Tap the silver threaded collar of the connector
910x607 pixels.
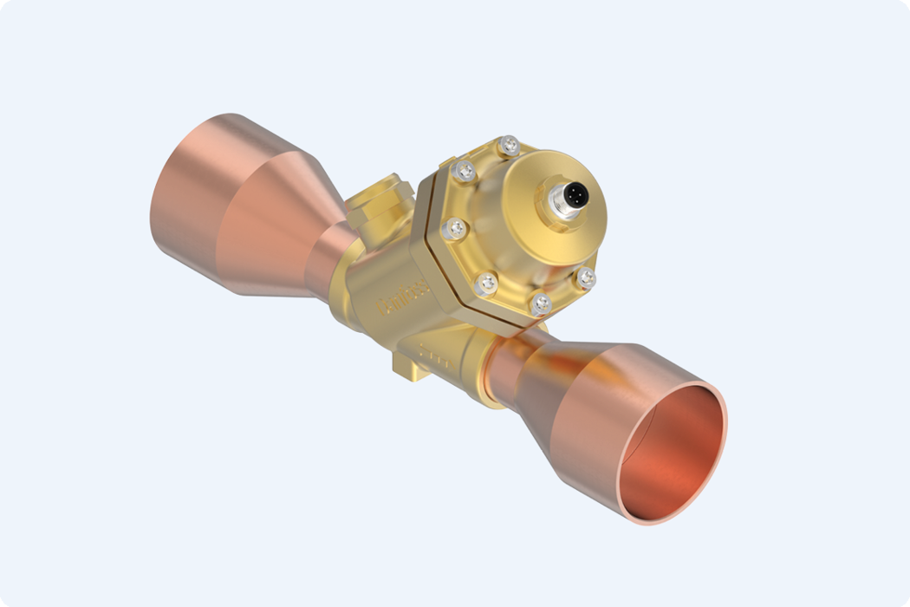coord(556,208)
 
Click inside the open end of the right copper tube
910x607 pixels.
coord(676,451)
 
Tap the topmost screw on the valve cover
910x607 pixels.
coord(510,145)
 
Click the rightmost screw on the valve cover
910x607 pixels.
coord(586,277)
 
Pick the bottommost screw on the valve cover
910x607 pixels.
coord(541,303)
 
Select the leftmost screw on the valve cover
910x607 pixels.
coord(452,229)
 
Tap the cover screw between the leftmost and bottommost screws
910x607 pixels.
coord(486,283)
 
